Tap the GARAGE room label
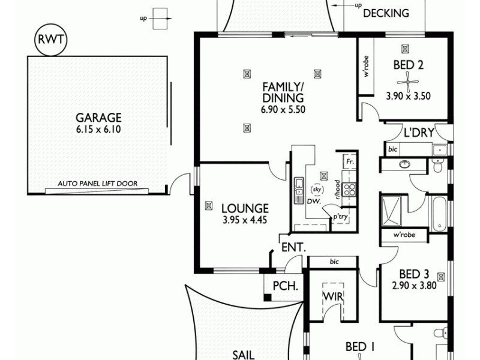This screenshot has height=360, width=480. [x=98, y=118]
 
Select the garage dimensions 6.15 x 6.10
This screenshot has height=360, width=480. [x=98, y=129]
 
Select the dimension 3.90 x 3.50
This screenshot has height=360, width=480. [x=409, y=95]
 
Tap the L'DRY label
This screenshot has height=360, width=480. [x=416, y=133]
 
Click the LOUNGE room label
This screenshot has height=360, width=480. [x=244, y=208]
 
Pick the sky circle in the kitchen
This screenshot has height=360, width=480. [x=317, y=190]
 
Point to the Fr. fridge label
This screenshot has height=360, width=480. [x=349, y=162]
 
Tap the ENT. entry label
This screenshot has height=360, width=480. [x=293, y=247]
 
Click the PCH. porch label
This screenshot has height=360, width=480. [x=286, y=286]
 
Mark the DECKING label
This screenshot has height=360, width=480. [x=386, y=13]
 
